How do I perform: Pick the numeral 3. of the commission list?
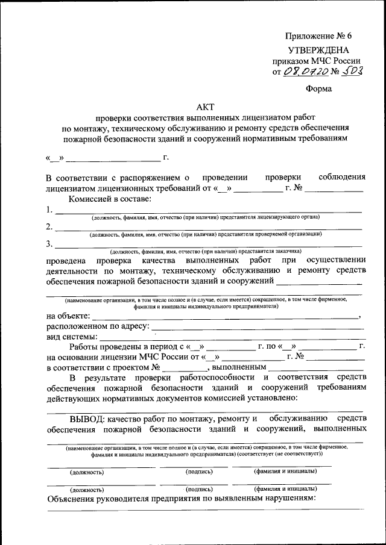48,244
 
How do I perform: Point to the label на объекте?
68,316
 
